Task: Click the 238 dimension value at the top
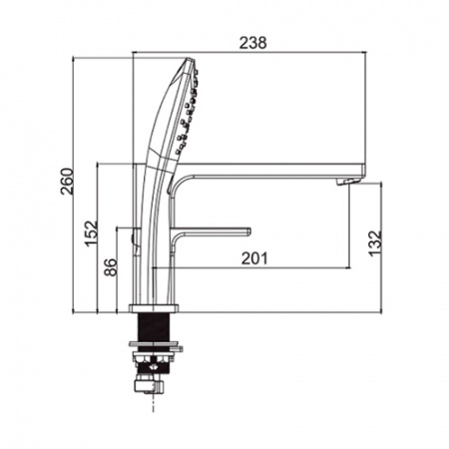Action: [x=253, y=43]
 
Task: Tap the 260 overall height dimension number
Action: [x=67, y=182]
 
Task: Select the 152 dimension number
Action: [x=91, y=233]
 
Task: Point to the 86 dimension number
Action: [x=111, y=267]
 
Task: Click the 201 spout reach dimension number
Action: [x=254, y=258]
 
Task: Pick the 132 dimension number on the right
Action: [x=375, y=243]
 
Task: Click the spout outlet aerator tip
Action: [x=347, y=182]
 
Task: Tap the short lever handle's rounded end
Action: [x=248, y=231]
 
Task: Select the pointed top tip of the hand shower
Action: [x=190, y=60]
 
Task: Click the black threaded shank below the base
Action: [x=154, y=327]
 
